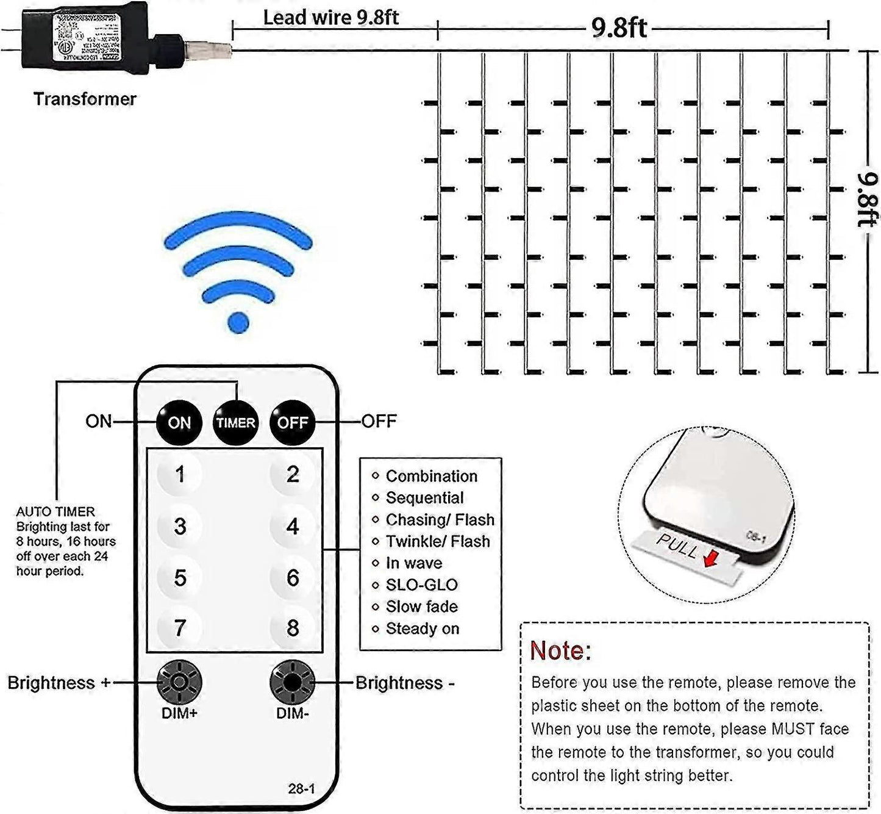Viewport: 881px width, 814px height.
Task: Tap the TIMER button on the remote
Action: tap(235, 422)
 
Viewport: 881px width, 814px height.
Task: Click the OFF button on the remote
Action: tap(293, 422)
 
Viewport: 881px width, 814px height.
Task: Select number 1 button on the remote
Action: tap(179, 474)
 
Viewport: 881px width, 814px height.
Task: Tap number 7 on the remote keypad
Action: tap(179, 628)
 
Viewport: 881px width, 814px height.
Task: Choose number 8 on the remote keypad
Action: tap(293, 628)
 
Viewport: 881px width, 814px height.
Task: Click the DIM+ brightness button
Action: tap(179, 682)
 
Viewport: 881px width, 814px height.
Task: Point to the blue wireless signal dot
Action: tap(238, 322)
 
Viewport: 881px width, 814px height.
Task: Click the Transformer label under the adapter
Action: tap(85, 99)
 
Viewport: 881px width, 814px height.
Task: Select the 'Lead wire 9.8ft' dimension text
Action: tap(330, 17)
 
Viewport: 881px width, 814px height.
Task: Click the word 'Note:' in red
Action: tap(560, 651)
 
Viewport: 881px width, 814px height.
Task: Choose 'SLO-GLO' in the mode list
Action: tap(421, 585)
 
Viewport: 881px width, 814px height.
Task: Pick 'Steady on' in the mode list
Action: tap(422, 629)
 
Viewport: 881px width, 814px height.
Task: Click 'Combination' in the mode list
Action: tap(431, 476)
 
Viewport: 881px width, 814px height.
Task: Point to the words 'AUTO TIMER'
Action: tap(55, 511)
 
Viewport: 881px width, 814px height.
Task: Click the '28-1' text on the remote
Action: tap(301, 789)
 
